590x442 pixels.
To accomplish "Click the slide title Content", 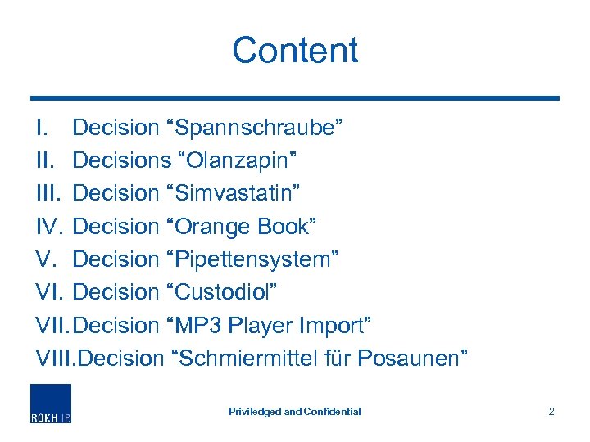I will [295, 50].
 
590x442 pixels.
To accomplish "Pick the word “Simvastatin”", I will [235, 194].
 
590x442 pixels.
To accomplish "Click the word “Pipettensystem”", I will [253, 259].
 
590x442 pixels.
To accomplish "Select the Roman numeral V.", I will [45, 259].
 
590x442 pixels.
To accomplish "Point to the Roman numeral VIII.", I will [54, 358].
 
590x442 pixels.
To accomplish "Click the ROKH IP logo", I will [51, 403].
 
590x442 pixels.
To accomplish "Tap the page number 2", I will [551, 411].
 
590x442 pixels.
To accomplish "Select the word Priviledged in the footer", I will [254, 412].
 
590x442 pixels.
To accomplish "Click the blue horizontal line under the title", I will [295, 98].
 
